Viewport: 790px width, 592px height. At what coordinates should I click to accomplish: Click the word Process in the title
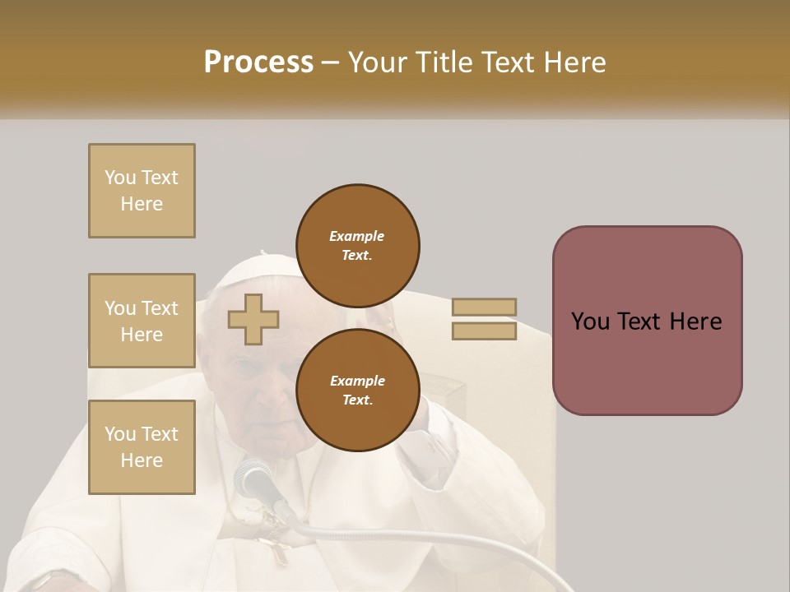[x=258, y=62]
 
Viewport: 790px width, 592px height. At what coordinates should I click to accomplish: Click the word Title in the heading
[x=445, y=62]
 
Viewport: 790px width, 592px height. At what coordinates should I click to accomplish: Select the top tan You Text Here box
[x=142, y=191]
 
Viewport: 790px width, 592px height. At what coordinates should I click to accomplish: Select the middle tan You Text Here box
[x=142, y=321]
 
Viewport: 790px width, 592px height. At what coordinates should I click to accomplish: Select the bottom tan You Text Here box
[x=142, y=446]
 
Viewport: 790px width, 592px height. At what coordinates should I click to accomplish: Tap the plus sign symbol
[x=253, y=319]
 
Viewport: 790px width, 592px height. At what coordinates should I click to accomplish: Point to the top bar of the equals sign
[x=484, y=307]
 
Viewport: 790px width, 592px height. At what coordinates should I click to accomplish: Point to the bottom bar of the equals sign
[x=484, y=331]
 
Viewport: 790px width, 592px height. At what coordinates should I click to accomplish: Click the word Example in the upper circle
[x=357, y=236]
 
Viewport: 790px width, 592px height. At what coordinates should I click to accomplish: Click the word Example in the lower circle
[x=357, y=381]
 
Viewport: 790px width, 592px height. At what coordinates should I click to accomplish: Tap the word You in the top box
[x=120, y=178]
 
